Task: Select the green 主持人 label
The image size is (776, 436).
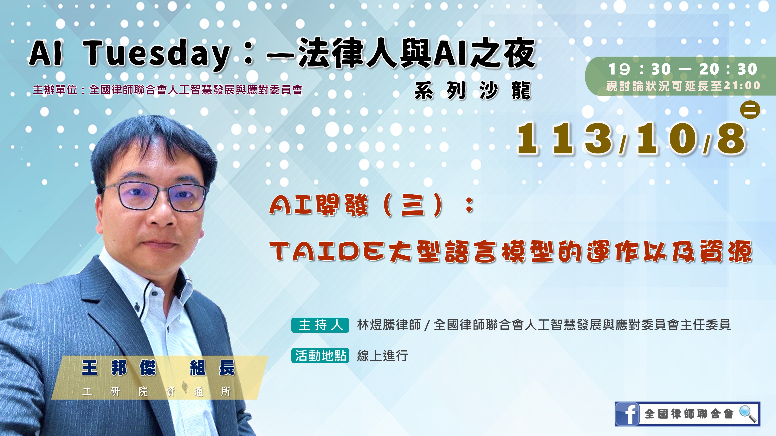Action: click(320, 325)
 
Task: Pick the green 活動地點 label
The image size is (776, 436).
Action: click(320, 356)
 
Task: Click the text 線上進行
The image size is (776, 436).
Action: click(382, 356)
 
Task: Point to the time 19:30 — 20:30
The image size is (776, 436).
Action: click(682, 69)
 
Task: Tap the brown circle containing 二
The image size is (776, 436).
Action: click(750, 109)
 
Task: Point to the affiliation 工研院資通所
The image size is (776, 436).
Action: click(157, 391)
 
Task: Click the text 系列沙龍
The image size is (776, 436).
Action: click(472, 90)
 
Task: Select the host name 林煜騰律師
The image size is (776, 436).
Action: click(389, 325)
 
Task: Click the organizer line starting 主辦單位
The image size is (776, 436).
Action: click(167, 90)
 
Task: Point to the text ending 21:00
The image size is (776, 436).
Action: click(683, 86)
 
